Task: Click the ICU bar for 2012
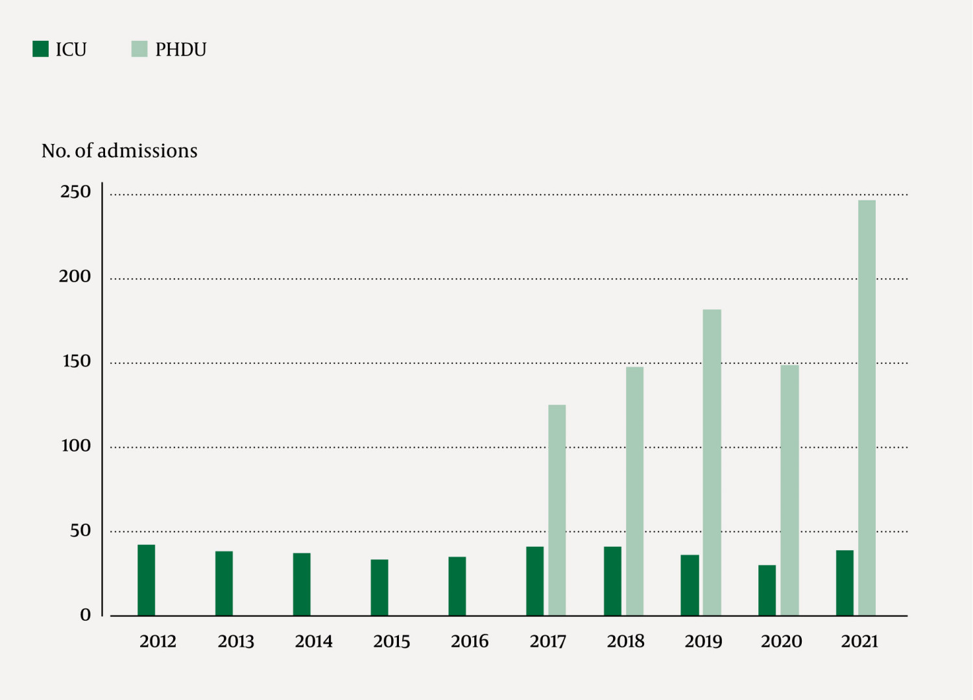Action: pos(146,580)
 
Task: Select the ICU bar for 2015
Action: pos(379,587)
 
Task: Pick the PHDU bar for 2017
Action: pos(557,510)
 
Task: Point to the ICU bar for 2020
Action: pos(767,590)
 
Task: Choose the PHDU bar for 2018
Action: pos(634,491)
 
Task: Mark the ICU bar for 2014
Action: pos(302,584)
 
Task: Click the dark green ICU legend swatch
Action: pos(40,49)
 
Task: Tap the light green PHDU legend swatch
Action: pos(139,49)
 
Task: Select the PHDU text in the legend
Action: pos(180,50)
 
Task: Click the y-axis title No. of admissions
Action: pos(119,151)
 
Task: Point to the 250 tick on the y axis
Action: pos(75,192)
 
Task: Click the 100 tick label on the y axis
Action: pos(75,446)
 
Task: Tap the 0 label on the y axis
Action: pos(85,615)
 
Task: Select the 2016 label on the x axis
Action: pos(470,642)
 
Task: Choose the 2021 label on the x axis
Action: pos(859,642)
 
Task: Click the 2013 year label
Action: pos(235,642)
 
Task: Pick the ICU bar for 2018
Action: pos(612,581)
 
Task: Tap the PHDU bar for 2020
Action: pos(789,490)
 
